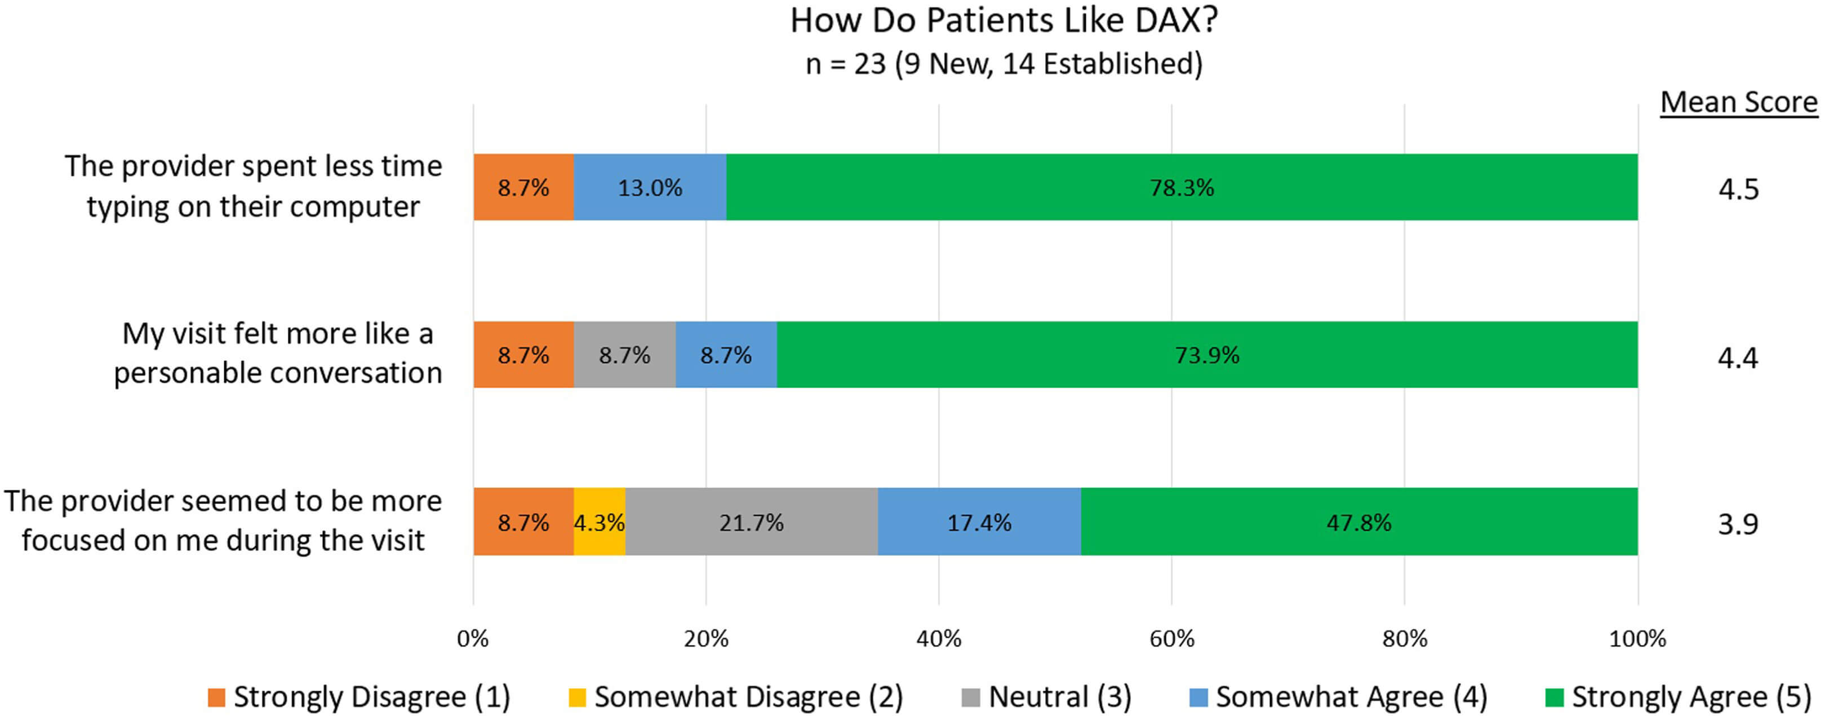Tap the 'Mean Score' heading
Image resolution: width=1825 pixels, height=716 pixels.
coord(1739,103)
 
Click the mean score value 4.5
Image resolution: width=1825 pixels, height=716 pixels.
coord(1738,189)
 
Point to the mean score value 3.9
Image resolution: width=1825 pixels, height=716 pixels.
coord(1738,524)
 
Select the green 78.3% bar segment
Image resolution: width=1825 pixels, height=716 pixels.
coord(1182,187)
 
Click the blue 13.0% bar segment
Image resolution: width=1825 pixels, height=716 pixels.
coord(650,187)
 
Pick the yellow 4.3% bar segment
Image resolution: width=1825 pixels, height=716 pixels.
coord(600,523)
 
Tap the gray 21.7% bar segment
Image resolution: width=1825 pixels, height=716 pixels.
coord(751,523)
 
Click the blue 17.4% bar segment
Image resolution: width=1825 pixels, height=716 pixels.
coord(979,523)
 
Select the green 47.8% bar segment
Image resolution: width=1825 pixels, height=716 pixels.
coord(1359,523)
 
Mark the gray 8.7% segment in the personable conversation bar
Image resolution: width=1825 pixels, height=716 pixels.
coord(624,355)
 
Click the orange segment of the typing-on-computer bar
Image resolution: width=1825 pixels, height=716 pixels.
coord(523,187)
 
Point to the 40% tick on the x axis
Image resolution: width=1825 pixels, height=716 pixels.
coord(939,639)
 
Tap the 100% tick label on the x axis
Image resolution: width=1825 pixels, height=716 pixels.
coord(1637,639)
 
